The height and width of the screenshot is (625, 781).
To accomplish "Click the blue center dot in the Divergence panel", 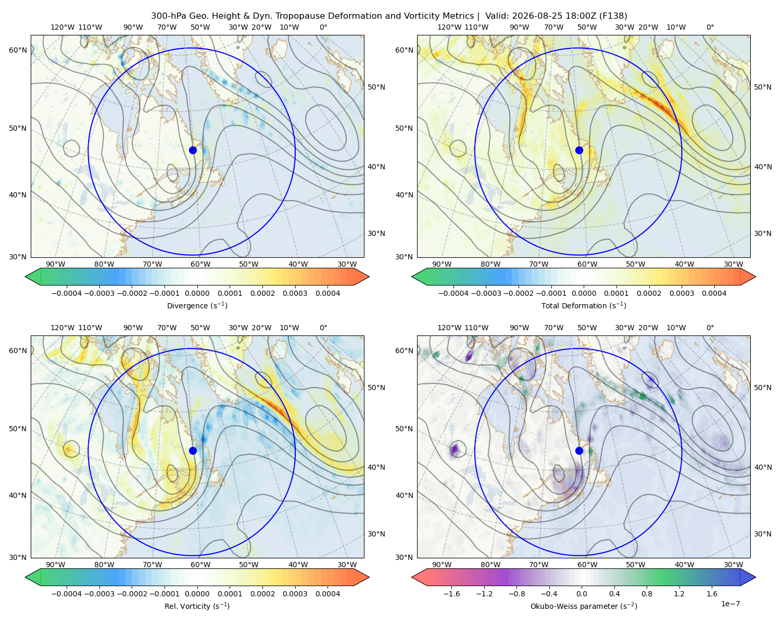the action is [193, 150].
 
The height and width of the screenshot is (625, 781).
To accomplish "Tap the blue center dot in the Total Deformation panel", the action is [579, 150].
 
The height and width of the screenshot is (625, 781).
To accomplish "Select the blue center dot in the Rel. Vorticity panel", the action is [193, 451].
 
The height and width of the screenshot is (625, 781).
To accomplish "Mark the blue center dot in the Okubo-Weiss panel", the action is [579, 451].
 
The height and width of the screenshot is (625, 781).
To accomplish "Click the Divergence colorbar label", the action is [197, 305].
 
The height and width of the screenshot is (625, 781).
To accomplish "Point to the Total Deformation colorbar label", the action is [584, 305].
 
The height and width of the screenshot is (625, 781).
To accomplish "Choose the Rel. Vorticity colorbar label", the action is [197, 606].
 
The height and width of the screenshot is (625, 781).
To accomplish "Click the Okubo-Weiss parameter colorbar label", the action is [584, 606].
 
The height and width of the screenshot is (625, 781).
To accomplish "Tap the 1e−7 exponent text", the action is [730, 604].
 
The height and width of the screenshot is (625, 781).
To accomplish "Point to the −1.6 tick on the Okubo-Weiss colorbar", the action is [451, 593].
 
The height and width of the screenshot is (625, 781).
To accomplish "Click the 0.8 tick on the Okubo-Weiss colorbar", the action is [647, 593].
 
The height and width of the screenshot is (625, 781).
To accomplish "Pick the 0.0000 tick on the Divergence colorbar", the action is [197, 293].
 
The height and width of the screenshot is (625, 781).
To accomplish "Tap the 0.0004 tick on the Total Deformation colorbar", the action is [714, 293].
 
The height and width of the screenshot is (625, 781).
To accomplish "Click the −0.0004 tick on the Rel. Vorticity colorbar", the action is [67, 593].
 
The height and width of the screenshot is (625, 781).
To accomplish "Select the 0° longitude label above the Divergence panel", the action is [323, 27].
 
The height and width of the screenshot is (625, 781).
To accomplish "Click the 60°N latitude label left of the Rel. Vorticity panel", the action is [18, 351].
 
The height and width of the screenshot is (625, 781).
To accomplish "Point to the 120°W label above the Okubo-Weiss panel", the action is [449, 328].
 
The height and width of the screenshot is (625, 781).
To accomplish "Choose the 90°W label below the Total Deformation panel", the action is [442, 264].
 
